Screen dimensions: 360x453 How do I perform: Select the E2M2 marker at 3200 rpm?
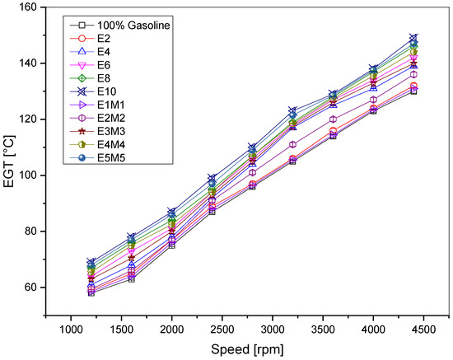[292, 144]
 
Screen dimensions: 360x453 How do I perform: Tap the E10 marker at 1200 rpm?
[91, 262]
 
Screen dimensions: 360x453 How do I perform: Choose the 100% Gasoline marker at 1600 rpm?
[130, 279]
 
